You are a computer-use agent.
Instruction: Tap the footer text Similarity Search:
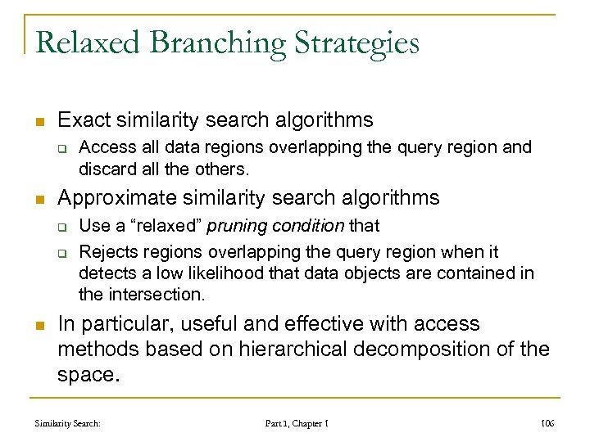(x=67, y=423)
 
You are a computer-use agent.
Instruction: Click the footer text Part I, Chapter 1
(x=297, y=423)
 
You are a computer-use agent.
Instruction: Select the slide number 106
(x=547, y=423)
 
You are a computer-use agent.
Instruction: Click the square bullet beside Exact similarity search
(x=40, y=122)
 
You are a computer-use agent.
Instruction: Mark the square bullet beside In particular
(x=40, y=326)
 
